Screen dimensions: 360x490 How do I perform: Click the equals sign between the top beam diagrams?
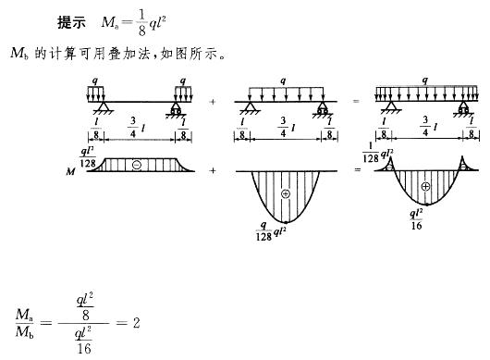(356, 101)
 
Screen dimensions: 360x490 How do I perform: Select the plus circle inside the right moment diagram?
(425, 186)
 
